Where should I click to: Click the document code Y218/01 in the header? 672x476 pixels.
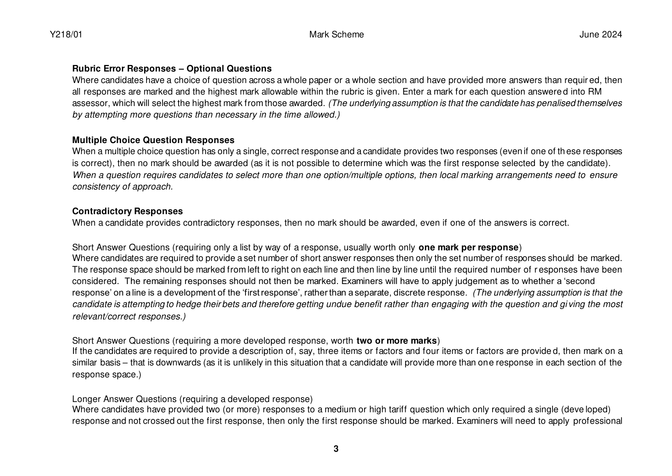tap(66, 35)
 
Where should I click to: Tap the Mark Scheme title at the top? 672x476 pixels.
tap(336, 35)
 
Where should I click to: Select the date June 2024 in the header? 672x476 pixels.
tap(600, 35)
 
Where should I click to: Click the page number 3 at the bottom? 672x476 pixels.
tap(336, 449)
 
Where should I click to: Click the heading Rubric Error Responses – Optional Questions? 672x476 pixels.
tap(172, 68)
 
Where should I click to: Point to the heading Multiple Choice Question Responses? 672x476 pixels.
tap(153, 140)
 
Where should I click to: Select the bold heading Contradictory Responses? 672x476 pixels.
tap(127, 211)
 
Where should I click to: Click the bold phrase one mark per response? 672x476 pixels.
tap(468, 247)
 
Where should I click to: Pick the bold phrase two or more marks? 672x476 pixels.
tap(397, 341)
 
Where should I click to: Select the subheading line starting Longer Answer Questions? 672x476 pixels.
tap(192, 399)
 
